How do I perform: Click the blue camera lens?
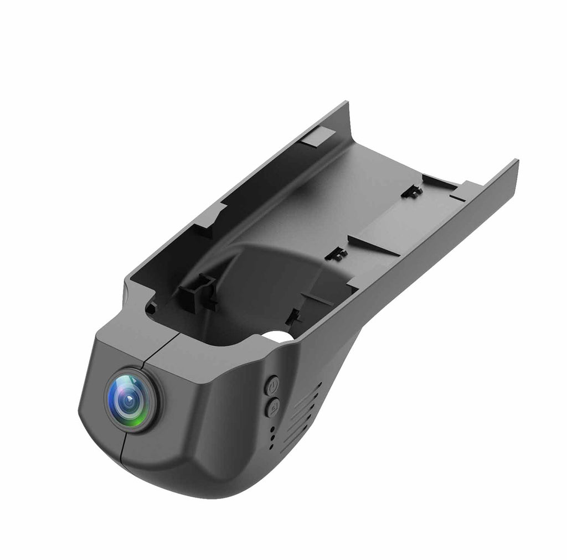pos(131,400)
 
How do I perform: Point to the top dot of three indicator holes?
pos(272,428)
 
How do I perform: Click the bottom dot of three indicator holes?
pos(272,446)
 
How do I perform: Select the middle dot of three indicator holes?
pos(272,437)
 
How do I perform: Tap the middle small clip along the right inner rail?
pos(336,253)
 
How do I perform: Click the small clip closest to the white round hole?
pos(293,317)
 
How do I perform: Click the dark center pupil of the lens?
pos(128,398)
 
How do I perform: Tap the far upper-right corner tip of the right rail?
pos(516,160)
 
